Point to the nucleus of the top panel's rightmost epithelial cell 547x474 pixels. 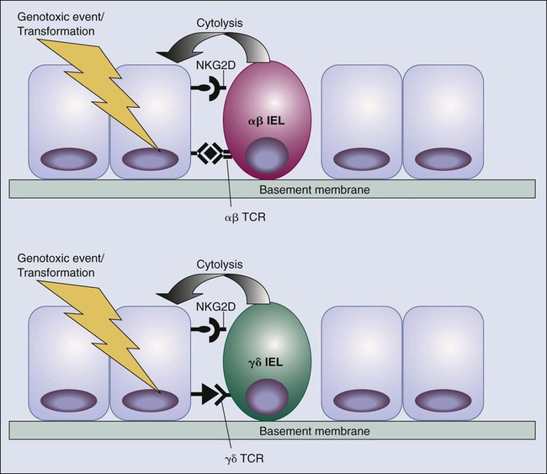[x=443, y=159]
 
